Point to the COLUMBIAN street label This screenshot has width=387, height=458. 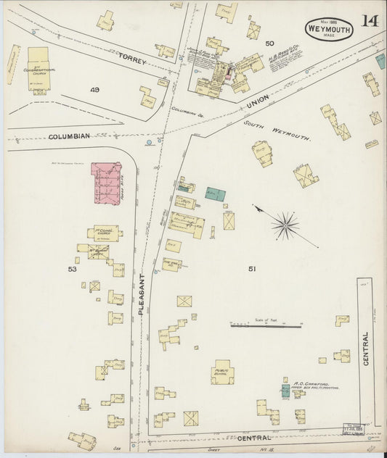[x=70, y=136]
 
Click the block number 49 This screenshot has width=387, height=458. [x=94, y=90]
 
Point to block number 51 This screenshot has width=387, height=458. [x=252, y=269]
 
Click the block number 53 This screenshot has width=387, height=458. [x=72, y=269]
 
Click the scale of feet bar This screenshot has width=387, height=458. [x=266, y=326]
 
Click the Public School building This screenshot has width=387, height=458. [x=222, y=372]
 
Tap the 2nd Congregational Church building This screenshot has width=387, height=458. [x=38, y=69]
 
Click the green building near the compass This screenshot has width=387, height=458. [x=215, y=195]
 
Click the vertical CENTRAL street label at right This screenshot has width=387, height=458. [x=366, y=349]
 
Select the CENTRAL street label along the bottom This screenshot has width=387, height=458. [x=254, y=438]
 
